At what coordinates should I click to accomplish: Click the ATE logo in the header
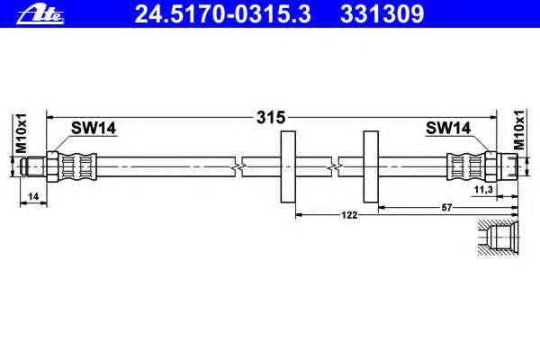[x=40, y=15]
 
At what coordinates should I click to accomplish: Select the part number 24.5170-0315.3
[x=223, y=14]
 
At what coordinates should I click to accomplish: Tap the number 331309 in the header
[x=382, y=14]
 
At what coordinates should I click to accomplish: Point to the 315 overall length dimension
[x=271, y=118]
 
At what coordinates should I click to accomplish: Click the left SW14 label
[x=94, y=128]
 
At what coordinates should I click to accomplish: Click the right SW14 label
[x=448, y=128]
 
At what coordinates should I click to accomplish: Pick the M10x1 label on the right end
[x=518, y=130]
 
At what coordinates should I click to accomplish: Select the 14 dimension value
[x=33, y=196]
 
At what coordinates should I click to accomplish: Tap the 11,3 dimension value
[x=483, y=190]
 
